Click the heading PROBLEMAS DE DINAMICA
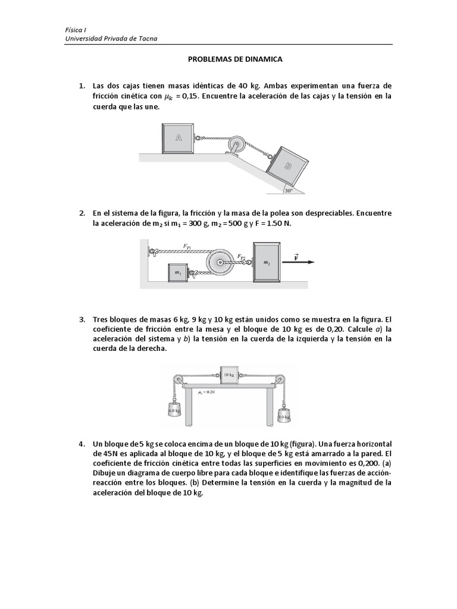pyautogui.click(x=235, y=59)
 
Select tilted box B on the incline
pyautogui.click(x=288, y=167)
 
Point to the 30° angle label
pyautogui.click(x=289, y=190)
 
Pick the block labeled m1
pyautogui.click(x=177, y=272)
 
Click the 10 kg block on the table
pyautogui.click(x=228, y=374)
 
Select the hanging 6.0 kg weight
pyautogui.click(x=174, y=410)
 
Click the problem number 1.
pyautogui.click(x=82, y=86)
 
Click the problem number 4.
pyautogui.click(x=82, y=444)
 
